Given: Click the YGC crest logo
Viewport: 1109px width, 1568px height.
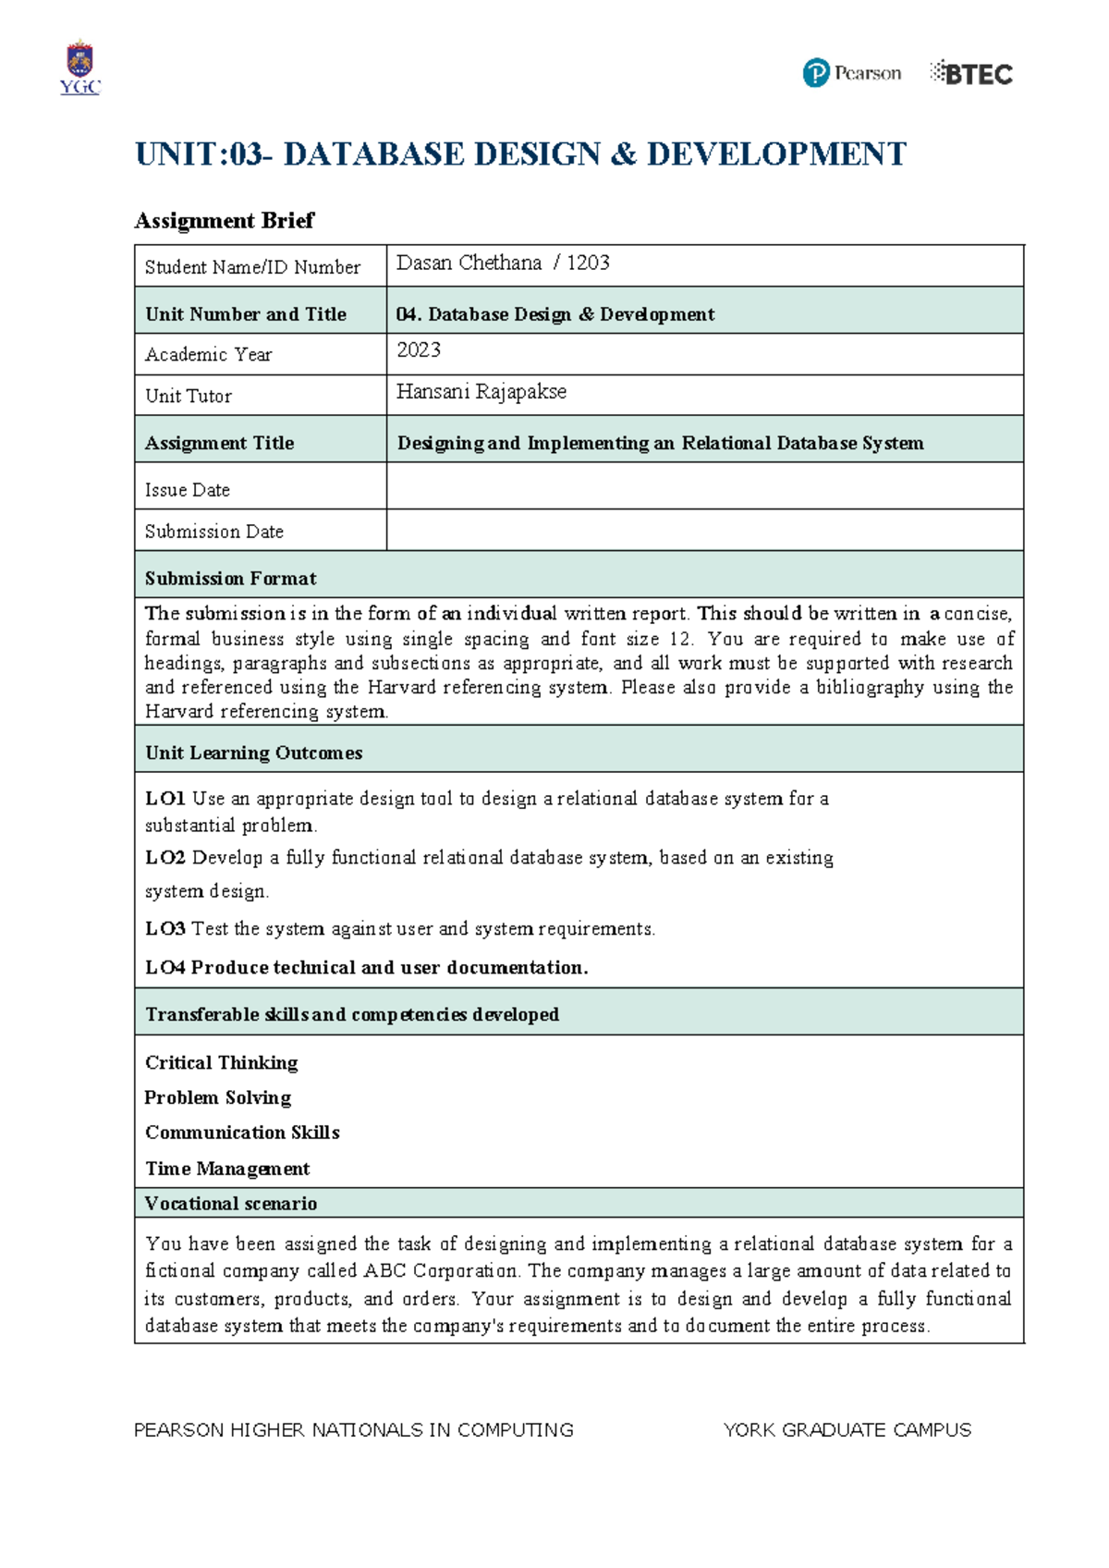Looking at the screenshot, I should (79, 67).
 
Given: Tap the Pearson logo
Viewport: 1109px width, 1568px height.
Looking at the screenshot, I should (851, 73).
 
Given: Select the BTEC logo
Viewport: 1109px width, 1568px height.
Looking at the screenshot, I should (971, 73).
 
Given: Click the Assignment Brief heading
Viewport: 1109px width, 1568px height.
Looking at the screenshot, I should (224, 220).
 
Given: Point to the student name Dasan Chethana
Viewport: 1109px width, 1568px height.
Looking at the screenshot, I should (469, 263).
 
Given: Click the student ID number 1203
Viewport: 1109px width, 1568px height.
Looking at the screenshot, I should (588, 263).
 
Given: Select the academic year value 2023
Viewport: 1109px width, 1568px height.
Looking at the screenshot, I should (419, 349).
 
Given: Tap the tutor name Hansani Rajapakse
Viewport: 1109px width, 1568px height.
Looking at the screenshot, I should (481, 392).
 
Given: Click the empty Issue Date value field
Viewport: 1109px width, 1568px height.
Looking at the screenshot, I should (704, 486).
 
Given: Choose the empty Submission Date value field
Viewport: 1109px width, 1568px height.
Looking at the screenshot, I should (704, 530).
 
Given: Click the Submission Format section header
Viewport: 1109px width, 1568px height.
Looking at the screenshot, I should (230, 579).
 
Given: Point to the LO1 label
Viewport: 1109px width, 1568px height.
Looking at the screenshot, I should (165, 799).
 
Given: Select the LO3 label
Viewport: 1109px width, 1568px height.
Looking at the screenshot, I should (165, 929).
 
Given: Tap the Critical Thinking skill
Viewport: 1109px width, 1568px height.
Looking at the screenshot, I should (222, 1063).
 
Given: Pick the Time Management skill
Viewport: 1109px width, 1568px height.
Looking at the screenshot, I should (227, 1169).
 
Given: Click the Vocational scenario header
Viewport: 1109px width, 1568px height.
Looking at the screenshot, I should (230, 1204).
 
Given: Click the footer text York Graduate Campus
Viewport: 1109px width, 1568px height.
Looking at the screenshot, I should (847, 1430).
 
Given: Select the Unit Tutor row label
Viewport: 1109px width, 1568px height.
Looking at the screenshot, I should (189, 396).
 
